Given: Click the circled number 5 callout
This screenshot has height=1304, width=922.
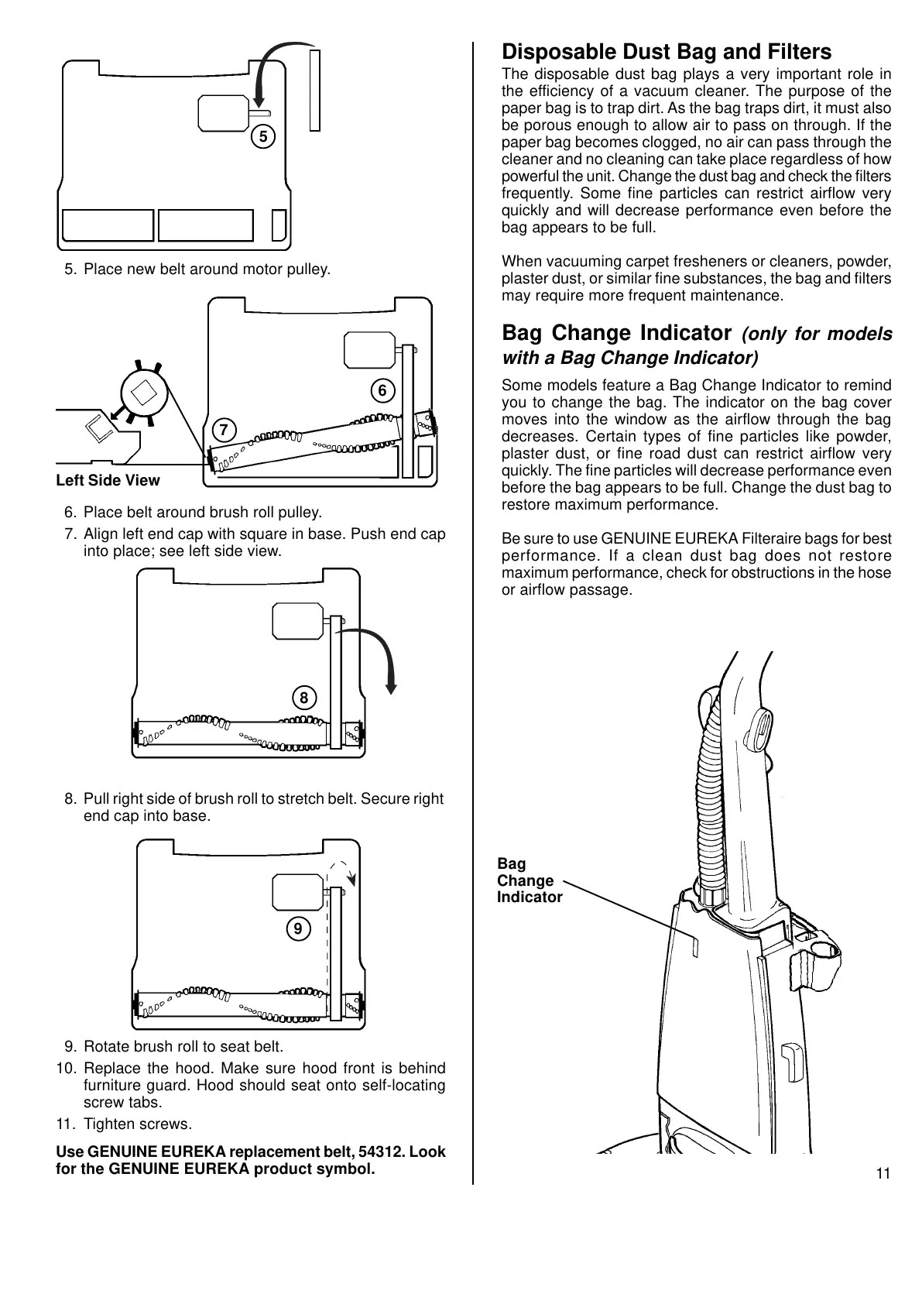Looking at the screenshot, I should [x=263, y=137].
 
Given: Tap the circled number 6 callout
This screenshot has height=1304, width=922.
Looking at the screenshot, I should [x=382, y=391].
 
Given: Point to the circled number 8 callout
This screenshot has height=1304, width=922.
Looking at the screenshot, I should [x=304, y=698].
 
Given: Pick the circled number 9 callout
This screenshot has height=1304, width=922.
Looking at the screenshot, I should [x=297, y=928].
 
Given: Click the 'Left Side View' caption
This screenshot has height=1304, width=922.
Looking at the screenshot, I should [x=108, y=480].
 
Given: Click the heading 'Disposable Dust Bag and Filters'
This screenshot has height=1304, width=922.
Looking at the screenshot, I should [x=666, y=52].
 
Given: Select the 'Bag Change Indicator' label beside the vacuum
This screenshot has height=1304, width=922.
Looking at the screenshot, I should [x=529, y=880].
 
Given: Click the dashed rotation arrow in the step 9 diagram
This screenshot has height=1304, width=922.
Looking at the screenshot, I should [x=342, y=871].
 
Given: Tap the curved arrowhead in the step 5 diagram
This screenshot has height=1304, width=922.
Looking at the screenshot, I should [x=259, y=98].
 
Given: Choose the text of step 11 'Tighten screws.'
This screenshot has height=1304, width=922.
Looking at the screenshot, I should [x=137, y=1124].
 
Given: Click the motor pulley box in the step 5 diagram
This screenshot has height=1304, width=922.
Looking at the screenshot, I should [x=222, y=113].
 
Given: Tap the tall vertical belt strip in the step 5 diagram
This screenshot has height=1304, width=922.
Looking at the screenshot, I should [x=314, y=89].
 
